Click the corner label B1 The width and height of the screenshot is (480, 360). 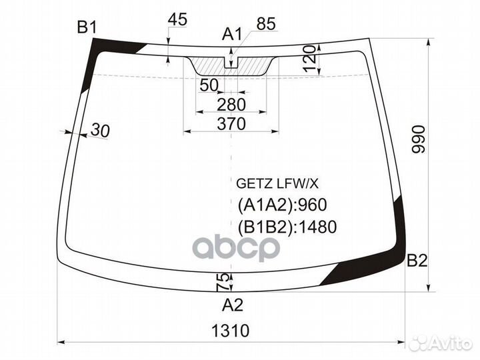(x=87, y=27)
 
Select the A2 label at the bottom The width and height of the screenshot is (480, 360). (x=233, y=305)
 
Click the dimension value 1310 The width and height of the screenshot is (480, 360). (x=231, y=330)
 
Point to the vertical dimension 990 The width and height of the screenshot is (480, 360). (x=419, y=138)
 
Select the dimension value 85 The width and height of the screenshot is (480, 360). (x=265, y=25)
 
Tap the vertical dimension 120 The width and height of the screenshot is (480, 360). (x=307, y=59)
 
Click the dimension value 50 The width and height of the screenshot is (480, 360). (x=209, y=85)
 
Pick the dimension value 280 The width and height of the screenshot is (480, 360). (x=231, y=104)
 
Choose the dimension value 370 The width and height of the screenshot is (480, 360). (x=231, y=123)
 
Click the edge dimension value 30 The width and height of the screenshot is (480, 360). (x=99, y=131)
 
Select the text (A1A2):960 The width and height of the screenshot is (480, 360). (x=281, y=205)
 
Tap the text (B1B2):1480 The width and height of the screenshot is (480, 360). (x=287, y=227)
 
